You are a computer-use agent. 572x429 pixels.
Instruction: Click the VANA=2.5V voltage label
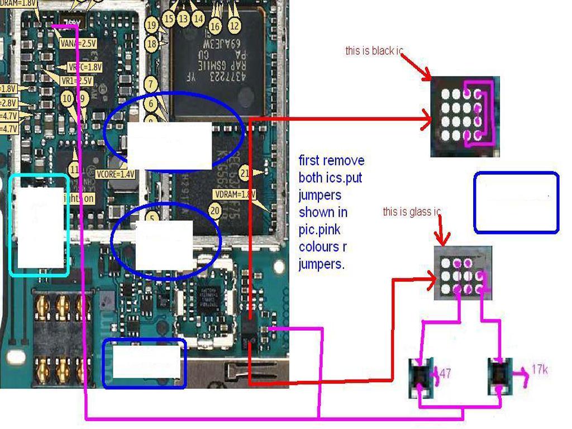78,42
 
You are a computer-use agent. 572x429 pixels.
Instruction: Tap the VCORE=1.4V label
115,174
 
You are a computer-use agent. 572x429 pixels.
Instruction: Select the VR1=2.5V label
77,81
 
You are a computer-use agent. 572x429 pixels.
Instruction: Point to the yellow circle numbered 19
151,25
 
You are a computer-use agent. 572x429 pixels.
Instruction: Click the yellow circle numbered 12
235,25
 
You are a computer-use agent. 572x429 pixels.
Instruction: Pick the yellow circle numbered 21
245,173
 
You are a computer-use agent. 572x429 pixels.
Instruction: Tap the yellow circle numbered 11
74,169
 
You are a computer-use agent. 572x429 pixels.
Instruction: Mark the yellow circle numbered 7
150,84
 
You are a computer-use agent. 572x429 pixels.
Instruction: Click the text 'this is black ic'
374,51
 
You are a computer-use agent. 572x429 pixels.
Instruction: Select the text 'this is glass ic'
412,212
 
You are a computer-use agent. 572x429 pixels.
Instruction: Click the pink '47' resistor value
445,373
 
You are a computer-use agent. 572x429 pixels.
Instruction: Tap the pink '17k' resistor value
539,369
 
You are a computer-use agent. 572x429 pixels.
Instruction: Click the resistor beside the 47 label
423,378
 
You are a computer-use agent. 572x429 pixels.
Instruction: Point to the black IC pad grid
465,116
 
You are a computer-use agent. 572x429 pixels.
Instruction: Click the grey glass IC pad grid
463,273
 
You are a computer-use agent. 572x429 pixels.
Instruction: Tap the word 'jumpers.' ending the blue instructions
321,264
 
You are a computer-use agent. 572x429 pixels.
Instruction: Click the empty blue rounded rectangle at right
516,202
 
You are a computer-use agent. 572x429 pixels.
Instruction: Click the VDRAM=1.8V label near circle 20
234,194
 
